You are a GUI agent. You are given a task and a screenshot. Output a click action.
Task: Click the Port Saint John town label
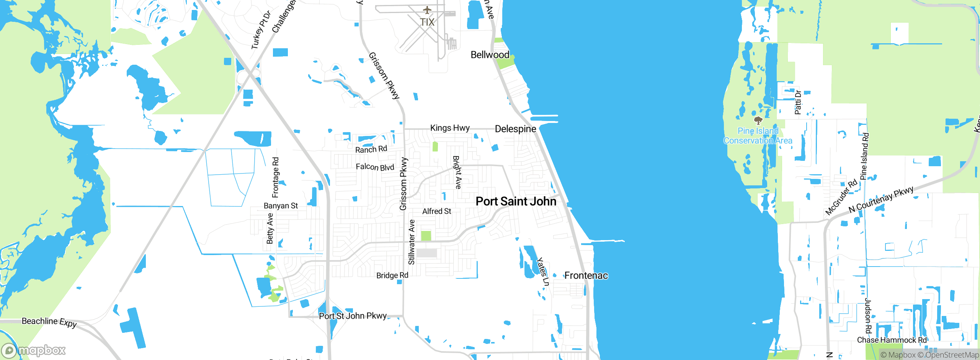click(516, 201)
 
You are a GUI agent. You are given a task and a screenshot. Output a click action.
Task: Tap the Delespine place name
click(515, 129)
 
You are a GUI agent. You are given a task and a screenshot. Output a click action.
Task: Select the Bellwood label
click(490, 55)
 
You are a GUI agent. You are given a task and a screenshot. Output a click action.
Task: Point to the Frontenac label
click(586, 276)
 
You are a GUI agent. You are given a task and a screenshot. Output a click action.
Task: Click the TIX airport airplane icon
click(427, 10)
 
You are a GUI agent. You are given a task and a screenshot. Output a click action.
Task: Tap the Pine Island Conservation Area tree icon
click(758, 121)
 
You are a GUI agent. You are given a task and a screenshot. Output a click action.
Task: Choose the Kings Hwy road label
click(450, 128)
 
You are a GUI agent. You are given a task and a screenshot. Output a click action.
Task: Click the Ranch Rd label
click(371, 149)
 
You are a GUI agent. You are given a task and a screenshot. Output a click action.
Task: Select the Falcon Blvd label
click(375, 167)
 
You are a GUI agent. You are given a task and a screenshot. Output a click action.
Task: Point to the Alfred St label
click(436, 211)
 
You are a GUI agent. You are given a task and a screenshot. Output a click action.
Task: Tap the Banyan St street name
click(281, 206)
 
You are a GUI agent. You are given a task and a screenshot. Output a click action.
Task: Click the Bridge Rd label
click(392, 276)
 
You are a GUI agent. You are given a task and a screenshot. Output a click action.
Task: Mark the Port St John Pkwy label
click(353, 316)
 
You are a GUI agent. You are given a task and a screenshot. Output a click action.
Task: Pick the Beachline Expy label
click(49, 322)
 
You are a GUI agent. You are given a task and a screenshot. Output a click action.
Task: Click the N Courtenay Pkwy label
click(881, 200)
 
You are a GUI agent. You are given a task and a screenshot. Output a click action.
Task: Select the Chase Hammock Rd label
click(892, 340)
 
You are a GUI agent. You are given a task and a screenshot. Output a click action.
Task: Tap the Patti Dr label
click(798, 102)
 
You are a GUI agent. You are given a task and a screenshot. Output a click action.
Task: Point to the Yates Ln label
click(542, 272)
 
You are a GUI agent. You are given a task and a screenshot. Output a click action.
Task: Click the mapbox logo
click(34, 350)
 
